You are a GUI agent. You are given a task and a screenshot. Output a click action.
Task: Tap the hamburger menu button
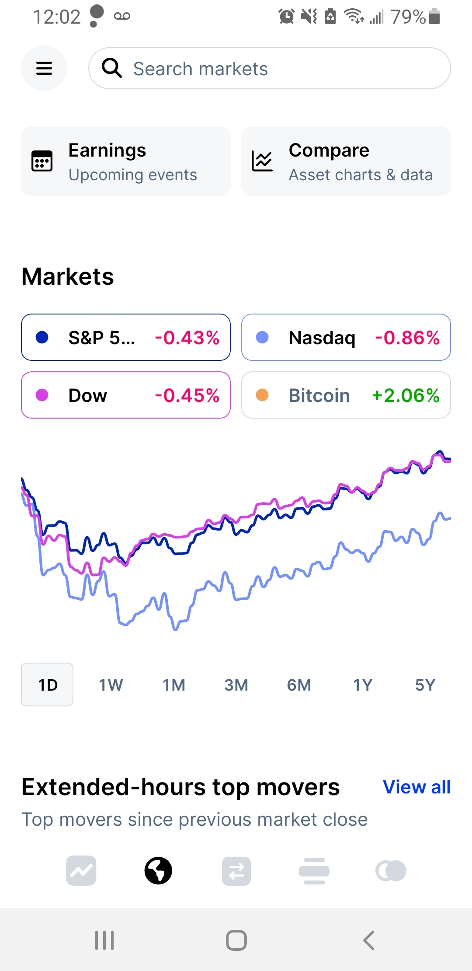point(44,68)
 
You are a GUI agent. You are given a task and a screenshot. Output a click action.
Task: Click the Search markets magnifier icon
point(111,68)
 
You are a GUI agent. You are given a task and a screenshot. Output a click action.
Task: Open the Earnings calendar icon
point(42,161)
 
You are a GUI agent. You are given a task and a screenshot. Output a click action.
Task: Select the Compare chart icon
point(262,161)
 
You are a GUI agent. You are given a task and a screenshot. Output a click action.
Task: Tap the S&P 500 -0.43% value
point(187,338)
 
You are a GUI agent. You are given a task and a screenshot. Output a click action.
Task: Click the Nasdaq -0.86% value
point(407,338)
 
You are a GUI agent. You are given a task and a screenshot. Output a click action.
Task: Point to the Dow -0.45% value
point(187,395)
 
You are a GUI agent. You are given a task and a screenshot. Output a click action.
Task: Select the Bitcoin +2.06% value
point(406,395)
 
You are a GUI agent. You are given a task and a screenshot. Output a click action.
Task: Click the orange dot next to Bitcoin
point(262,395)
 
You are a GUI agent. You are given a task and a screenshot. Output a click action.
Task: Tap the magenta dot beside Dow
point(42,395)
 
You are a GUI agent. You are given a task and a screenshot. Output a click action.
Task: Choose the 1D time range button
point(47,685)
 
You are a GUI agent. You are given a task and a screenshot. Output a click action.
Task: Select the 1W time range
point(111,685)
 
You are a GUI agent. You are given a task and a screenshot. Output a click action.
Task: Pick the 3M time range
point(236,685)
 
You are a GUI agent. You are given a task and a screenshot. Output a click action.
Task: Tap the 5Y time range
point(425,685)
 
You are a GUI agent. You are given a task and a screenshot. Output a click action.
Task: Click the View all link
point(416,787)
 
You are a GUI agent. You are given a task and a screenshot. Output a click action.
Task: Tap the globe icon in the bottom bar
point(158,871)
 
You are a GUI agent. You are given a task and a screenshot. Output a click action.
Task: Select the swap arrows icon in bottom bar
point(236,871)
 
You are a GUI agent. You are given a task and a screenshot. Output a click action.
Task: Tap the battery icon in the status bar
point(434,17)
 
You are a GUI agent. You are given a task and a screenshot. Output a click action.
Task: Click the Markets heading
point(68,276)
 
